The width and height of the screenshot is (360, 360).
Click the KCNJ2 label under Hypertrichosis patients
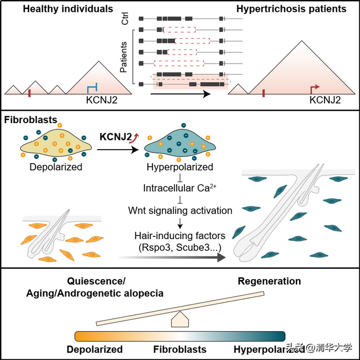[x=325, y=100]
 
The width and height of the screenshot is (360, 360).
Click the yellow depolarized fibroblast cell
[x=56, y=146]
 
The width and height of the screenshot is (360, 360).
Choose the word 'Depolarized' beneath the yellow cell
[x=55, y=167]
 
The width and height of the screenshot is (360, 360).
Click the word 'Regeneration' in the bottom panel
[x=269, y=281]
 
